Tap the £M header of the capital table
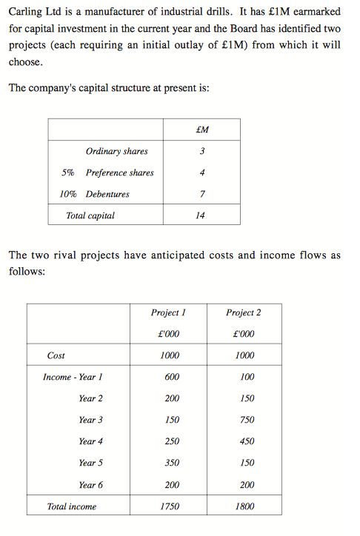coord(201,130)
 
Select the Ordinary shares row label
coord(116,152)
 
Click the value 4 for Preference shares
coord(201,173)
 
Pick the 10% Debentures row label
coord(94,194)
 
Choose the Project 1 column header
coord(168,312)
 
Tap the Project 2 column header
coord(244,312)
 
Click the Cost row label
coord(56,355)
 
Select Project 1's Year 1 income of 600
coord(172,377)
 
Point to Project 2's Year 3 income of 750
coord(247,420)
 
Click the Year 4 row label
coord(90,441)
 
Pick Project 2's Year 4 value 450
coord(247,441)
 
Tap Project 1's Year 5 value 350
coord(172,463)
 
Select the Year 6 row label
coord(90,485)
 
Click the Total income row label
coord(71,506)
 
